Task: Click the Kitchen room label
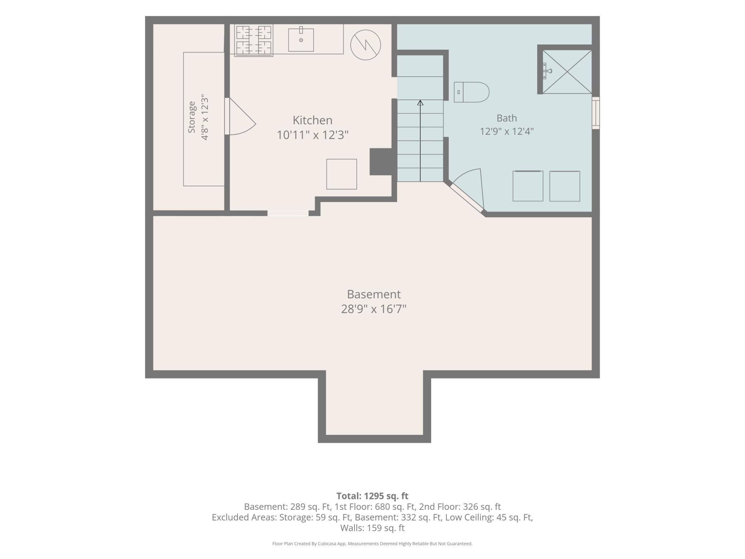(312, 120)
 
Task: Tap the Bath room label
(506, 118)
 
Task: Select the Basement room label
(374, 294)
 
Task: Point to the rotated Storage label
(192, 117)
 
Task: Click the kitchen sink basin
(301, 40)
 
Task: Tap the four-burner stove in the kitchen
(254, 40)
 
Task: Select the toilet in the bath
(471, 92)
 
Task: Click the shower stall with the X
(567, 72)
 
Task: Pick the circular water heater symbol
(365, 45)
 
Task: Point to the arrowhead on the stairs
(420, 103)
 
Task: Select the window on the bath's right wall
(595, 113)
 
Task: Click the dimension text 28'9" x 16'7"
(374, 309)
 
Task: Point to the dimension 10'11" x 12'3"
(312, 135)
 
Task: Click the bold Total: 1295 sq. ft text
(372, 496)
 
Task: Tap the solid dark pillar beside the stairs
(383, 162)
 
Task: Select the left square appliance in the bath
(528, 186)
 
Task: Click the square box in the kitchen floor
(341, 174)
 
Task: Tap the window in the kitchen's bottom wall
(288, 213)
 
